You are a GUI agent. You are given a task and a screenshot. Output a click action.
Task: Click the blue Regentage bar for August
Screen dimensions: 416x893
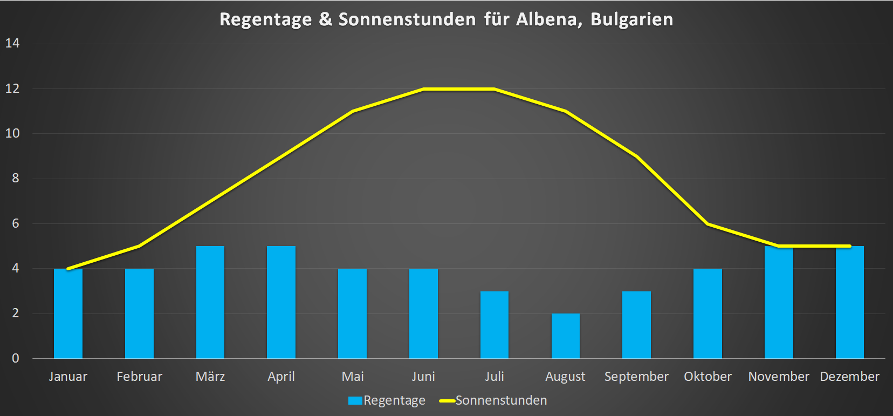coord(565,336)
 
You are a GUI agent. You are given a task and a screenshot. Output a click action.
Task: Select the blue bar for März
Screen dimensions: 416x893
coord(210,302)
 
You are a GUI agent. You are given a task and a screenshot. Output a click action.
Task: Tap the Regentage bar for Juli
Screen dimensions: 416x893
coord(494,325)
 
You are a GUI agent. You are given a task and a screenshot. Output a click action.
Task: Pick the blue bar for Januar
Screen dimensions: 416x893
coord(68,313)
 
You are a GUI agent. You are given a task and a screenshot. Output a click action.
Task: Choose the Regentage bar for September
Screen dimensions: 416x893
coord(636,325)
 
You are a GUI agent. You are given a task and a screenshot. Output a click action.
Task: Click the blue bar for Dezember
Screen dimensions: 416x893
coord(850,302)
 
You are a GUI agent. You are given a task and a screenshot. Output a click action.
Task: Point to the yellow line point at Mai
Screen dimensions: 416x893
coord(353,111)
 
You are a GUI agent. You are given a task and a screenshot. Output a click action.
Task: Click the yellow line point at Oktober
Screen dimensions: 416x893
coord(707,223)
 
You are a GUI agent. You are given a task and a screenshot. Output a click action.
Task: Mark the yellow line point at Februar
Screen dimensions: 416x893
coord(139,246)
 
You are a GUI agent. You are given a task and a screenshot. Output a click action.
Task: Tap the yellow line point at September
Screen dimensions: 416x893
coord(636,156)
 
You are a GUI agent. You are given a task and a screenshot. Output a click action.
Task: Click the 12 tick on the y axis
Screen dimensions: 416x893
coord(12,88)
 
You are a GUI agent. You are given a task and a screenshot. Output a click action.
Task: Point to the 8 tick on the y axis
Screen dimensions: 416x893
coord(15,178)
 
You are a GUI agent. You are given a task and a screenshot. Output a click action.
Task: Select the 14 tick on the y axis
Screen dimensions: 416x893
coord(12,43)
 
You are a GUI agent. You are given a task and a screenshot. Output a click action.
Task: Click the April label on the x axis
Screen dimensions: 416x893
coord(281,377)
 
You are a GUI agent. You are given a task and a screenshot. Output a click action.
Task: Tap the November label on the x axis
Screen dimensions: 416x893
coord(779,377)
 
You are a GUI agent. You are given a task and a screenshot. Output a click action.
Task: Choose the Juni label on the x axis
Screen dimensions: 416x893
coord(423,377)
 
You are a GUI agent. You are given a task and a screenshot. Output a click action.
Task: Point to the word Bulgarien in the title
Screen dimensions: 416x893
coord(631,19)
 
